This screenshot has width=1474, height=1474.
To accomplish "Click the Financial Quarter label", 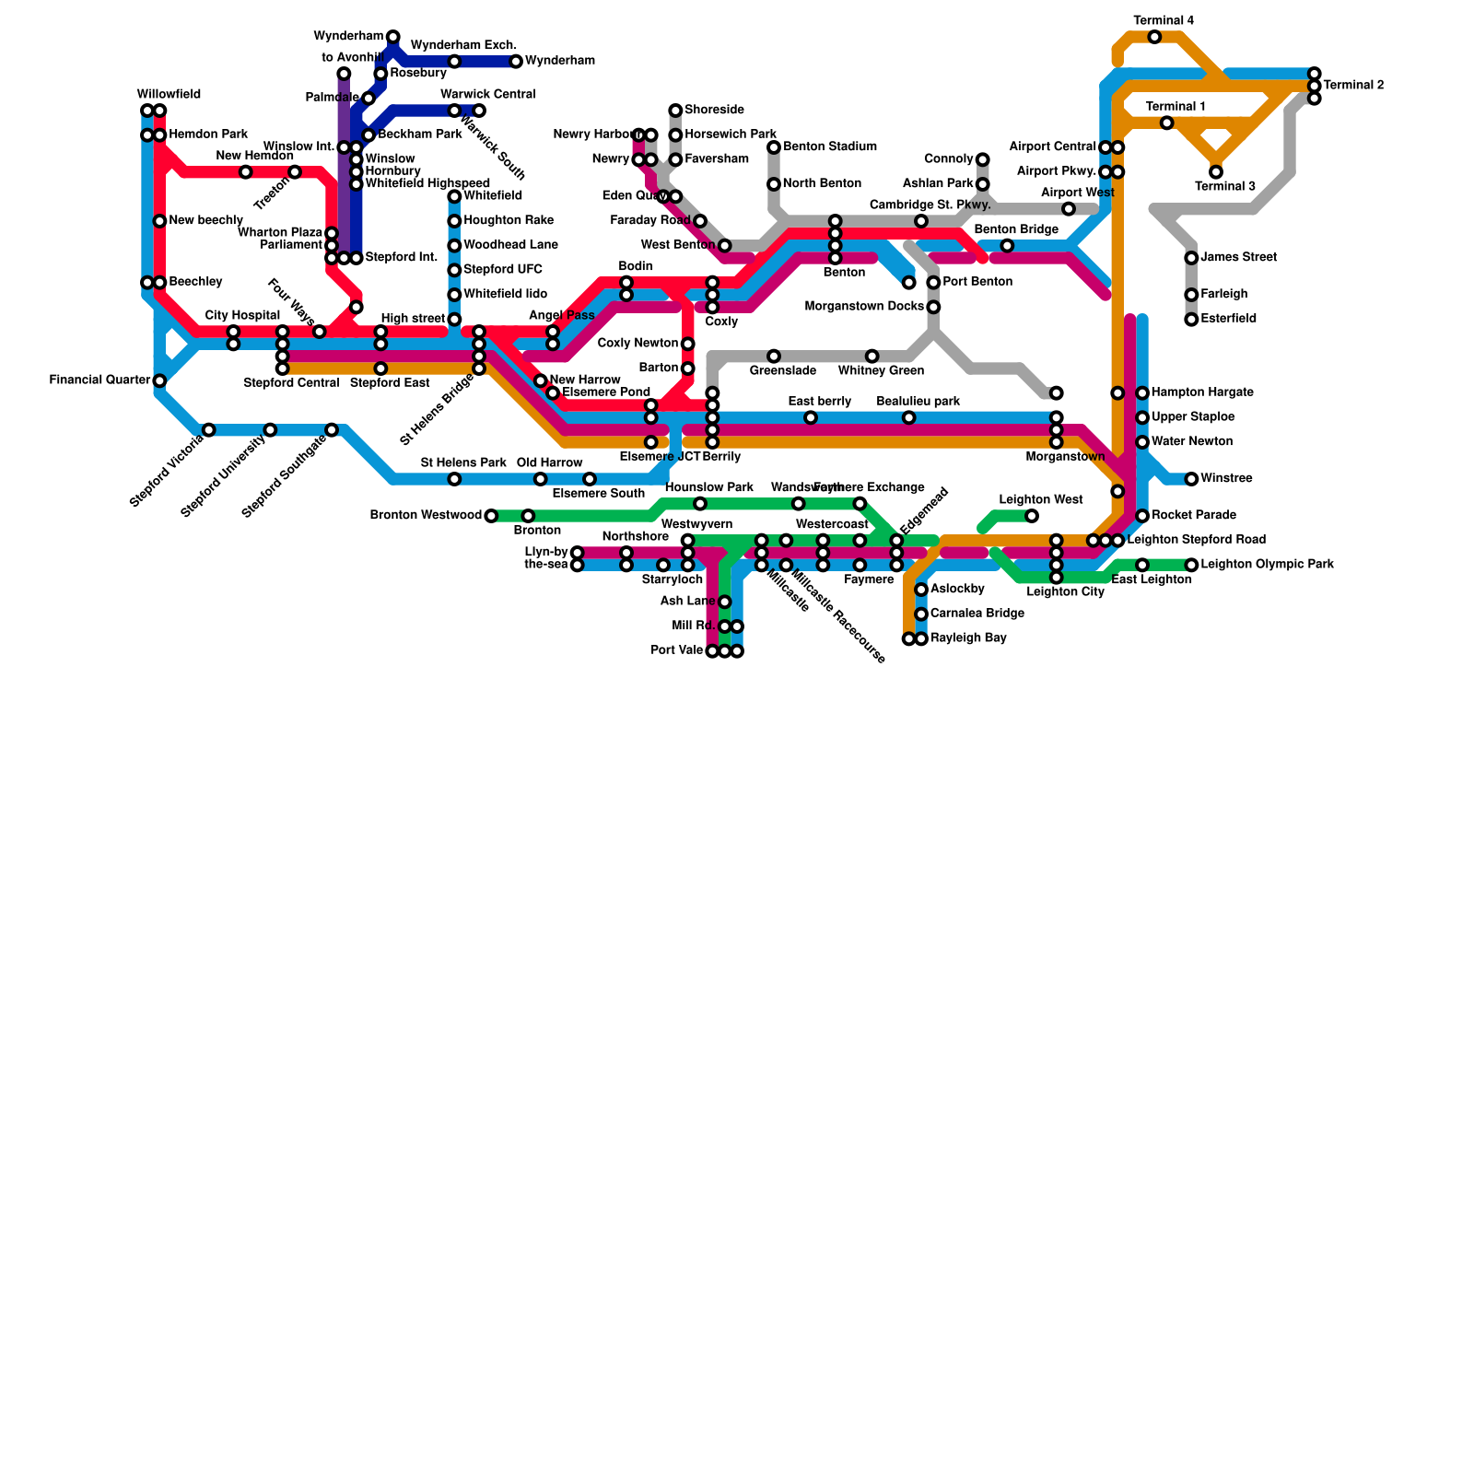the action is pyautogui.click(x=99, y=380).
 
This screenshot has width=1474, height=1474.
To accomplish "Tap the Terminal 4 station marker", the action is pyautogui.click(x=1154, y=37).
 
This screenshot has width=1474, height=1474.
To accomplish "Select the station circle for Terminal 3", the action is pyautogui.click(x=1216, y=172).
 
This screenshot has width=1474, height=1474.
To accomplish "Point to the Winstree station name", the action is pyautogui.click(x=1226, y=479).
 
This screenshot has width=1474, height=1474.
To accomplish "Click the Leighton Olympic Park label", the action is pyautogui.click(x=1267, y=565).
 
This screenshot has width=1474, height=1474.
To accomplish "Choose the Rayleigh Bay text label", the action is pyautogui.click(x=968, y=638).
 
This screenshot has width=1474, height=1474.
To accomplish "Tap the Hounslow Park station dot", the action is pyautogui.click(x=700, y=504).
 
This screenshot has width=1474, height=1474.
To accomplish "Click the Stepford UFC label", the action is pyautogui.click(x=503, y=270).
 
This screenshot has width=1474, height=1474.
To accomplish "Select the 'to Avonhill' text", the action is pyautogui.click(x=353, y=58).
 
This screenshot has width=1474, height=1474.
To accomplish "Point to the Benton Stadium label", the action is pyautogui.click(x=829, y=147).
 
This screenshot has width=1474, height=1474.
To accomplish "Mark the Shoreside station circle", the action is pyautogui.click(x=675, y=111).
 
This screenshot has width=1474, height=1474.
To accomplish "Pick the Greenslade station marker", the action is pyautogui.click(x=774, y=357).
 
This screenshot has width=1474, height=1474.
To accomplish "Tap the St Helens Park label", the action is pyautogui.click(x=463, y=462).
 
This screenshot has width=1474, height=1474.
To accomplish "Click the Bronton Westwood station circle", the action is pyautogui.click(x=491, y=516).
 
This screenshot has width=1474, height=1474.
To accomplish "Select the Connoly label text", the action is pyautogui.click(x=948, y=159).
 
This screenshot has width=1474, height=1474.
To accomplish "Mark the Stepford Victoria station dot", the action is pyautogui.click(x=209, y=430).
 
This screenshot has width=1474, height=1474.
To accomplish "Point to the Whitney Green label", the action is pyautogui.click(x=881, y=371).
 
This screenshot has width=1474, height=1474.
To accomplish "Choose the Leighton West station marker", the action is pyautogui.click(x=1032, y=516).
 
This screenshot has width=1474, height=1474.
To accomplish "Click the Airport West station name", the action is pyautogui.click(x=1077, y=193).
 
